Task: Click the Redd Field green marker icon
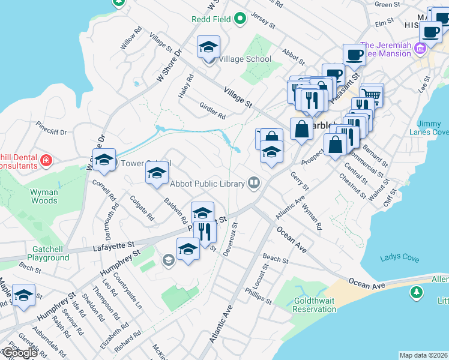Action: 241,19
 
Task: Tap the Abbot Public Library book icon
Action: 254,183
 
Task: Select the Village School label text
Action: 245,59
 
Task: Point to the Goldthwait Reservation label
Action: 314,305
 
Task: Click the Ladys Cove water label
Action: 399,258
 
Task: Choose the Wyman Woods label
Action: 44,197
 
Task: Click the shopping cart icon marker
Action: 373,94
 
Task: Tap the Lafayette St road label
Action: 113,245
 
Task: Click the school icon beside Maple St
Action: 24,295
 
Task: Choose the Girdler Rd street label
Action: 212,110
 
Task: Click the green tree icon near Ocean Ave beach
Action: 415,293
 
